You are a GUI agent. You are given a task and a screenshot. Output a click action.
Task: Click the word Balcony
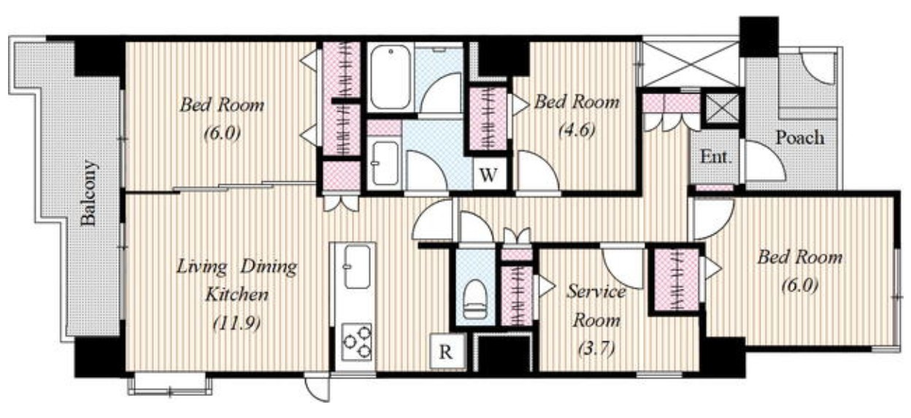[88, 193]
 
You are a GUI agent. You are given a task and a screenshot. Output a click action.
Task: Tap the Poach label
[799, 137]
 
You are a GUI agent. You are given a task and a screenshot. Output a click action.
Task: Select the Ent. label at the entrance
[715, 156]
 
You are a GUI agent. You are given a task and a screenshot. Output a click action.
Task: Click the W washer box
[488, 175]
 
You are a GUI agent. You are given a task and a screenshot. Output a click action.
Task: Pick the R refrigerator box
[447, 351]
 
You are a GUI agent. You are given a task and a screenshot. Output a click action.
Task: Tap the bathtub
[390, 77]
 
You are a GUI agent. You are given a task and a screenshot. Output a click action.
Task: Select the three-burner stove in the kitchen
[357, 341]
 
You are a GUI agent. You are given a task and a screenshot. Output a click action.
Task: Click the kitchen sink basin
[357, 267]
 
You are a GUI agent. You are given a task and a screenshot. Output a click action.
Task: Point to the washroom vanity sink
[385, 163]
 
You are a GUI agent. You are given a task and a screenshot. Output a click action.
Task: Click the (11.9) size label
[237, 323]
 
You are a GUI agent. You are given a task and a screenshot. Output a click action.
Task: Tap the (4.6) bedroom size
[577, 130]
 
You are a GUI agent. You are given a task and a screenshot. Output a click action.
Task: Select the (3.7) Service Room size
[596, 348]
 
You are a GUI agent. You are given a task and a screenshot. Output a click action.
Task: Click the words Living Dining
[237, 267]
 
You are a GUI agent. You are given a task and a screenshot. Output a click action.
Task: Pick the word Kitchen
[237, 294]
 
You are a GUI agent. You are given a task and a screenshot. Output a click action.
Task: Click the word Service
[596, 292]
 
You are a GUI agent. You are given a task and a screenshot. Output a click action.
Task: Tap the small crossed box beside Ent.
[721, 108]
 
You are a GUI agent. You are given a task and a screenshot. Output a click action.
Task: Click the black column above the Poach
[759, 37]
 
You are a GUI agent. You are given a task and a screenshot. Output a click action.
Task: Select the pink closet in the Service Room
[517, 295]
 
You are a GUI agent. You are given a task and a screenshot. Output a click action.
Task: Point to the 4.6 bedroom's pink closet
[488, 119]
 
